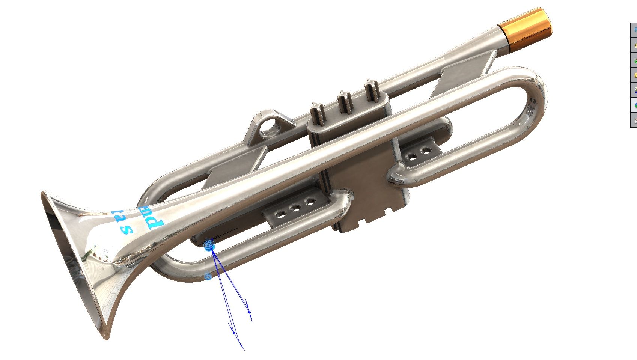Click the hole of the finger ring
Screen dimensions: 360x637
coord(270,128)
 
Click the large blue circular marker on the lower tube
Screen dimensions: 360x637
coord(209,245)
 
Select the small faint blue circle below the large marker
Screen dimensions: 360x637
coord(208,277)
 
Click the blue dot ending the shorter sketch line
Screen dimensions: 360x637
coord(249,312)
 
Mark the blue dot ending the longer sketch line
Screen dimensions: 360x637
coord(233,333)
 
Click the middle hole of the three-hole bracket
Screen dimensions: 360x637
coord(295,208)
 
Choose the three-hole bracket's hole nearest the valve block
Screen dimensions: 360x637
coord(310,202)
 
